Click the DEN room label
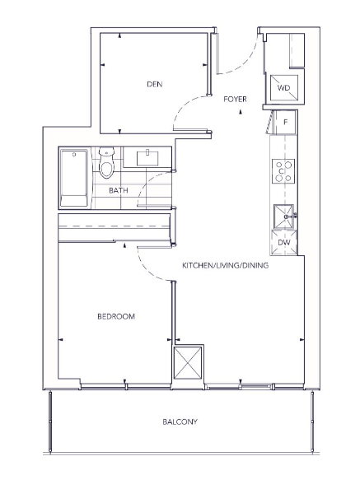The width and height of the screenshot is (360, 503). click(155, 84)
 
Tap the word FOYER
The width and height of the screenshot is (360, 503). click(235, 99)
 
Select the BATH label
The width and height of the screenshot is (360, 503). click(119, 190)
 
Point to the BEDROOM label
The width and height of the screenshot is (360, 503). click(116, 316)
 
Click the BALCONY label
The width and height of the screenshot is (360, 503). click(180, 421)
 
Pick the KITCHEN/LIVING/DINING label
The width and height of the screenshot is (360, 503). click(225, 265)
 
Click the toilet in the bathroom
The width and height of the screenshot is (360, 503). click(106, 163)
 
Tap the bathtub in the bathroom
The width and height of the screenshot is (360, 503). click(74, 178)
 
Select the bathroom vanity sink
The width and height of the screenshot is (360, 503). click(147, 158)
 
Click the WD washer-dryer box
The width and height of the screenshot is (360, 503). click(283, 87)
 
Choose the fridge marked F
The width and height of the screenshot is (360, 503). click(285, 122)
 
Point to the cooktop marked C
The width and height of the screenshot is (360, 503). click(283, 171)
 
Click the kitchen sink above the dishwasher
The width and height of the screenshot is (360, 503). click(283, 217)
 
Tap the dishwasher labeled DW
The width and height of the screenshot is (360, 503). click(283, 243)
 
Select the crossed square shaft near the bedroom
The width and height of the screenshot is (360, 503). click(188, 363)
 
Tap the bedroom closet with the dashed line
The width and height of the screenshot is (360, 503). click(115, 226)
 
